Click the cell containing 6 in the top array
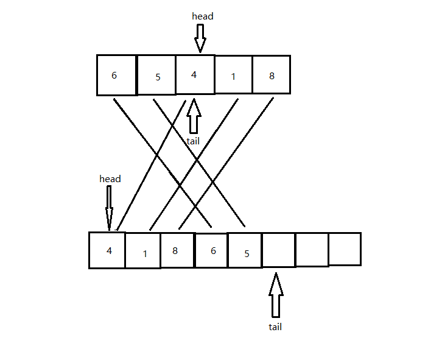116,76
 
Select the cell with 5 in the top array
156,76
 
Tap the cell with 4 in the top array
195,75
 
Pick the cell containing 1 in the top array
233,75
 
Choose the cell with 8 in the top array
271,75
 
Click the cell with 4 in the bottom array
107,250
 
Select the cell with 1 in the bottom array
143,251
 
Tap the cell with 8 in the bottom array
177,250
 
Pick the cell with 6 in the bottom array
211,250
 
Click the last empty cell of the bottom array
345,249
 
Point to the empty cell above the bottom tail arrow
278,249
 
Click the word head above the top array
203,16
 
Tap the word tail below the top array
194,141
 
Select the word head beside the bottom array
110,179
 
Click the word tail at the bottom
275,326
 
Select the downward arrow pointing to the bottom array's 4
110,207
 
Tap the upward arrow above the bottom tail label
276,295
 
